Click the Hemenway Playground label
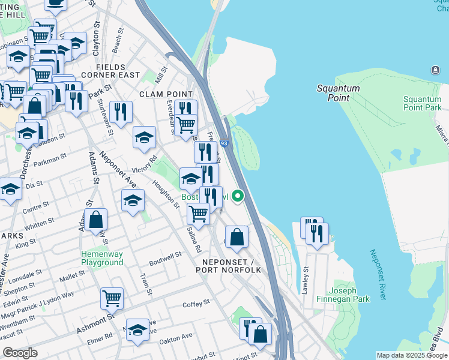[x=102, y=258]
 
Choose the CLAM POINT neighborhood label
[x=166, y=94]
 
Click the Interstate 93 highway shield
[x=223, y=143]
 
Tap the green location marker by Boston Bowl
[x=238, y=196]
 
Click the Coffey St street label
[x=196, y=304]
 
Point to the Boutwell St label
[x=165, y=257]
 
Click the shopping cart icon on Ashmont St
[x=112, y=297]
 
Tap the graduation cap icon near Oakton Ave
[x=137, y=329]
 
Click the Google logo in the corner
[x=20, y=353]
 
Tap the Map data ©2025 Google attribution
[x=412, y=355]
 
